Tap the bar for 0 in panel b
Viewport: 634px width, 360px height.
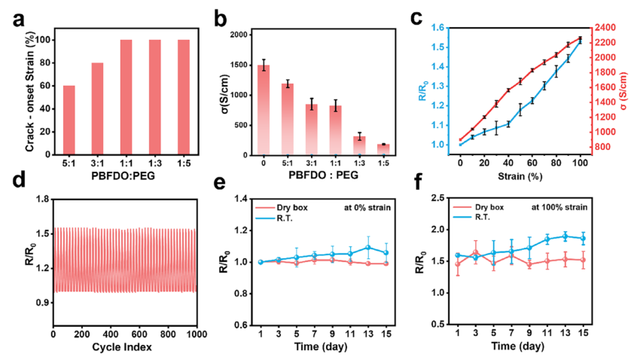263,110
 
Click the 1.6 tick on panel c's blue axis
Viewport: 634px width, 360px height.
437,27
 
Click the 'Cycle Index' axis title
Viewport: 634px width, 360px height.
124,347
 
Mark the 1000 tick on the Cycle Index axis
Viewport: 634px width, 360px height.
195,334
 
